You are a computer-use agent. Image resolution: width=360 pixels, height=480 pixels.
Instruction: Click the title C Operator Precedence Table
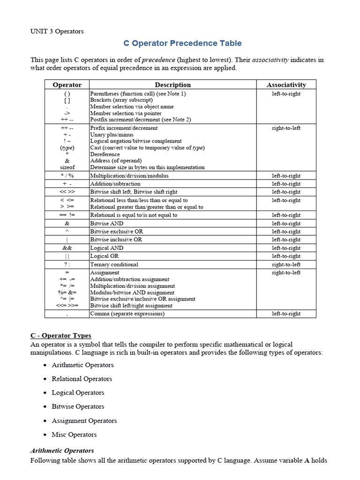tap(182, 43)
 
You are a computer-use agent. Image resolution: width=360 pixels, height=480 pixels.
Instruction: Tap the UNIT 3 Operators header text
tap(57, 31)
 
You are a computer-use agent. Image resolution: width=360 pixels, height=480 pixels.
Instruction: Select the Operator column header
tap(67, 85)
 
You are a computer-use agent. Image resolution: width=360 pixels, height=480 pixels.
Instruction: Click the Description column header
tap(172, 85)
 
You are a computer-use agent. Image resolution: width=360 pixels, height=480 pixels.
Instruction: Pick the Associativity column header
tap(286, 85)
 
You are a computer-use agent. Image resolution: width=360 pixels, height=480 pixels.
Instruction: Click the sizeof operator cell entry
tap(67, 167)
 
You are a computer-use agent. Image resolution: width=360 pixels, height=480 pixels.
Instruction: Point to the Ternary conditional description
tap(114, 264)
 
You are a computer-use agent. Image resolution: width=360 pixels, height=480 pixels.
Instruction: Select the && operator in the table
tap(67, 248)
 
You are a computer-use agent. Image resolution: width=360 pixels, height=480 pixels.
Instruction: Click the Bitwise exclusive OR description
tap(117, 232)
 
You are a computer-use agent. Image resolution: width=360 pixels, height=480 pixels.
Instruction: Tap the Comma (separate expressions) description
tap(127, 314)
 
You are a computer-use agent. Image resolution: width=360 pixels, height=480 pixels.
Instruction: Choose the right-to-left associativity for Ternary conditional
tap(286, 264)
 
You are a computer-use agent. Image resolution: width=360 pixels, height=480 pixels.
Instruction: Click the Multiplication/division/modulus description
tap(129, 176)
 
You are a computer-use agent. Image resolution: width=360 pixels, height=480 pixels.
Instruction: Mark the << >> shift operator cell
tap(67, 192)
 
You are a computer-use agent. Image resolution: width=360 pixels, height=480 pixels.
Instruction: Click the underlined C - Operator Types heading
tap(61, 336)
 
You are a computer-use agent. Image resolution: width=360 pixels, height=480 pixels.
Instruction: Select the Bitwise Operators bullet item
tap(78, 406)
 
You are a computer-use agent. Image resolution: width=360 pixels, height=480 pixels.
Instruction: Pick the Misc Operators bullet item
tap(74, 435)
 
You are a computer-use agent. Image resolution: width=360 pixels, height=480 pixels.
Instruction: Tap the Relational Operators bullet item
tap(82, 379)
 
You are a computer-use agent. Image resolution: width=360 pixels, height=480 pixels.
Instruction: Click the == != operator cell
tap(67, 215)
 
